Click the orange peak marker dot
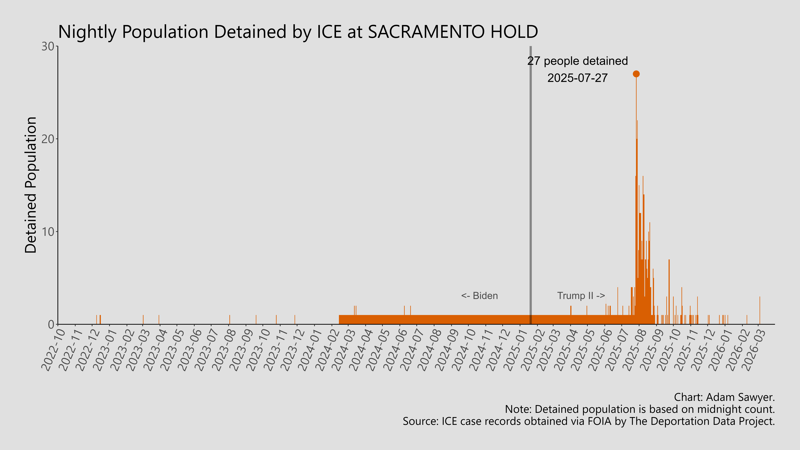coord(636,74)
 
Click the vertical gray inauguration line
coord(530,186)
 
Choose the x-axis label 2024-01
coord(310,350)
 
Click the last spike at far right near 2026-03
coord(760,311)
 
